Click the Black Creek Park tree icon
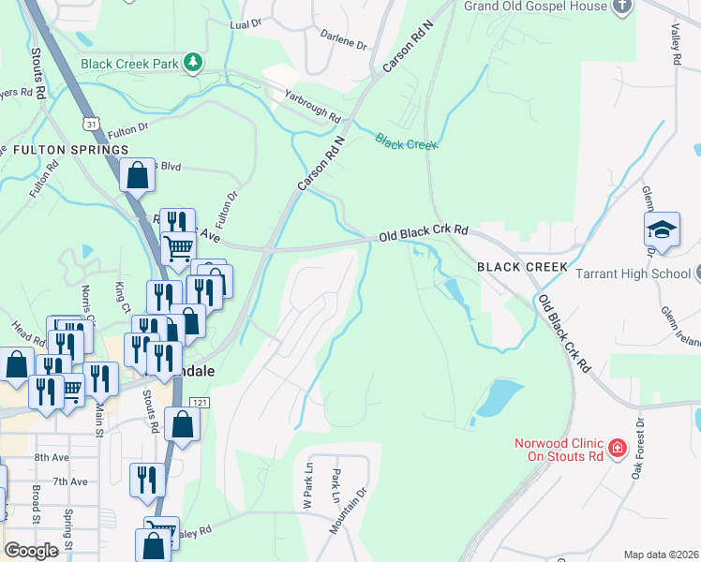194,63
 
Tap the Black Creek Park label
129,64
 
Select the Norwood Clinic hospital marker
617,450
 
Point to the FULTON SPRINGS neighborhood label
70,150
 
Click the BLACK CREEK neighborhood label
522,267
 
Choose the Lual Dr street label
246,23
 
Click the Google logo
33,551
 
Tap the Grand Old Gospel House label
535,7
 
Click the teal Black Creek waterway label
406,140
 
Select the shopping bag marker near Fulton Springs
137,174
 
